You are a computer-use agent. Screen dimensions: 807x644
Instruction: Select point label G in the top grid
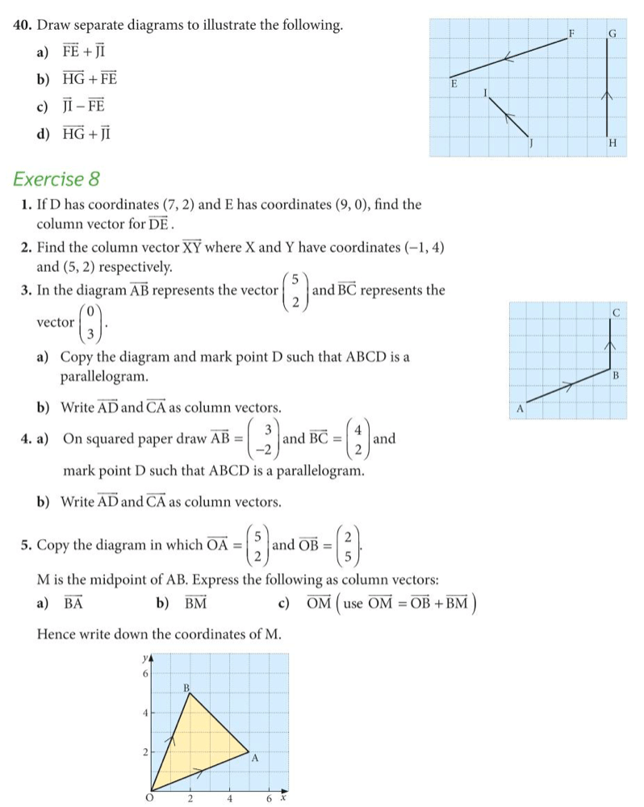613,33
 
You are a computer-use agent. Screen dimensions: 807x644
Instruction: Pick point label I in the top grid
486,93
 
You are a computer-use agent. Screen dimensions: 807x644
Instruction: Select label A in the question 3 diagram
521,409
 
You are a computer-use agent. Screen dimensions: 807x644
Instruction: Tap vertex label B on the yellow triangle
187,687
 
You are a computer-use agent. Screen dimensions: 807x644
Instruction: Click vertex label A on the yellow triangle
254,758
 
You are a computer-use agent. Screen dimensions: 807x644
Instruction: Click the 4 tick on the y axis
145,713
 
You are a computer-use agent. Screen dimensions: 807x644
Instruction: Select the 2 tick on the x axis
190,799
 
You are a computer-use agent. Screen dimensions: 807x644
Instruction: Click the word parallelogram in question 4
311,470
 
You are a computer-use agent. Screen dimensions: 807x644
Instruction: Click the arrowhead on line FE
508,57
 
